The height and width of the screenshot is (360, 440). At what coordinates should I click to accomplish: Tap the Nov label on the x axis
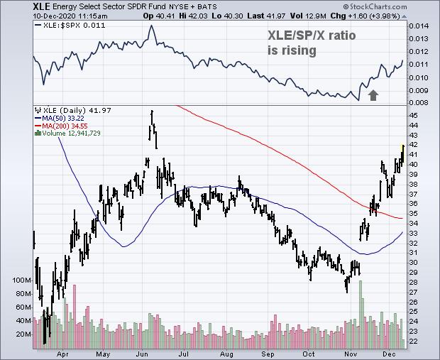pyautogui.click(x=352, y=354)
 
